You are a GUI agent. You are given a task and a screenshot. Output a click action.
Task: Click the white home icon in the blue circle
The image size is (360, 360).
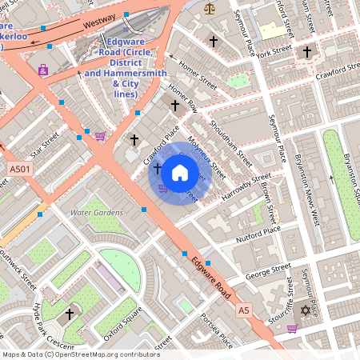tap(180, 172)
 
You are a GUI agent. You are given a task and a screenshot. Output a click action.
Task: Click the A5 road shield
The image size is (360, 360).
tap(243, 310)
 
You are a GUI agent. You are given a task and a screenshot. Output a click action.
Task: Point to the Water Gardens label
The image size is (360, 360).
tap(97, 213)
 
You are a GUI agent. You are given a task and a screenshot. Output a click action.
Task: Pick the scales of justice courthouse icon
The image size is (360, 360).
tap(210, 9)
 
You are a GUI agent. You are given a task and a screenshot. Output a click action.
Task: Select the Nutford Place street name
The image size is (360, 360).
tap(258, 234)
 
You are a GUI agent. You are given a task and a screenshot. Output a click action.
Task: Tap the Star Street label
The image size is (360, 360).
tap(45, 146)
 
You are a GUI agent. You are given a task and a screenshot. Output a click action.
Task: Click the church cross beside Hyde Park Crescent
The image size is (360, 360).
tap(70, 314)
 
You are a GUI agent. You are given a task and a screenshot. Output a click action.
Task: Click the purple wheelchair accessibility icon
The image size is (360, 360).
tap(42, 70)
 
